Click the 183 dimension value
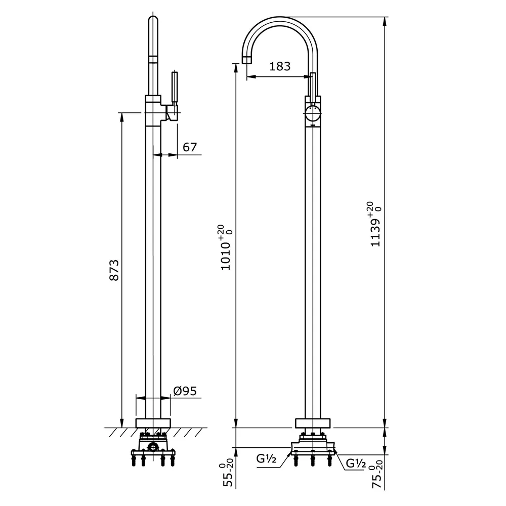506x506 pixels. [280, 66]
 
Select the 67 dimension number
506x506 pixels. [189, 147]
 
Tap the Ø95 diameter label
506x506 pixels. [184, 391]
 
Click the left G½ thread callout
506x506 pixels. [266, 460]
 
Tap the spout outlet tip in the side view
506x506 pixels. [247, 59]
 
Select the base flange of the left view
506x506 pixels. [153, 423]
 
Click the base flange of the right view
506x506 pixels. [313, 423]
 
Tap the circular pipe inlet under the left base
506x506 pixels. [153, 447]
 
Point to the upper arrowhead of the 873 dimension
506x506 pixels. [122, 116]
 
